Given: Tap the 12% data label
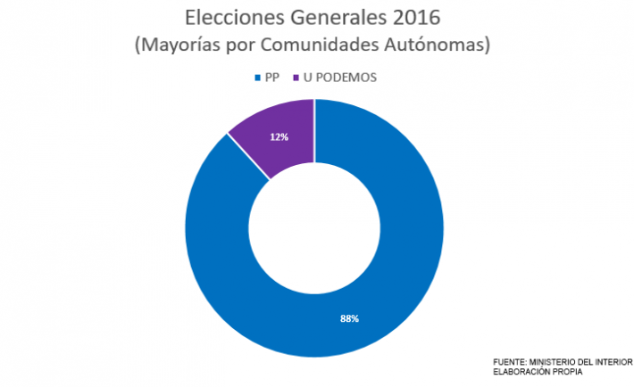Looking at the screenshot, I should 278,137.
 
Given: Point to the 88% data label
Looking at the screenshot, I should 349,318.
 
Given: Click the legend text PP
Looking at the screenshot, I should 272,78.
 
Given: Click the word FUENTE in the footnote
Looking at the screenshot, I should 509,360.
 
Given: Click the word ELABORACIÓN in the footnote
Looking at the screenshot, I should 520,370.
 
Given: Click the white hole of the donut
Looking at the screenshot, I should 314,228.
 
